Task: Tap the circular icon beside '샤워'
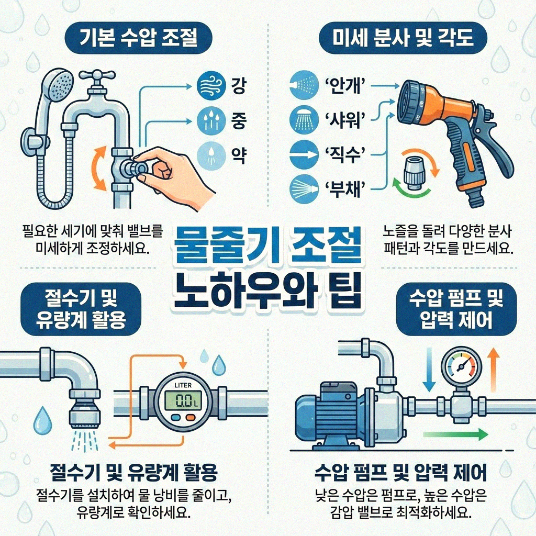pos(303,119)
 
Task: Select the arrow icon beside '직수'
pos(303,154)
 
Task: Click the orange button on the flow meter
pos(189,418)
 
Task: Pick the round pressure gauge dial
pos(459,365)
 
